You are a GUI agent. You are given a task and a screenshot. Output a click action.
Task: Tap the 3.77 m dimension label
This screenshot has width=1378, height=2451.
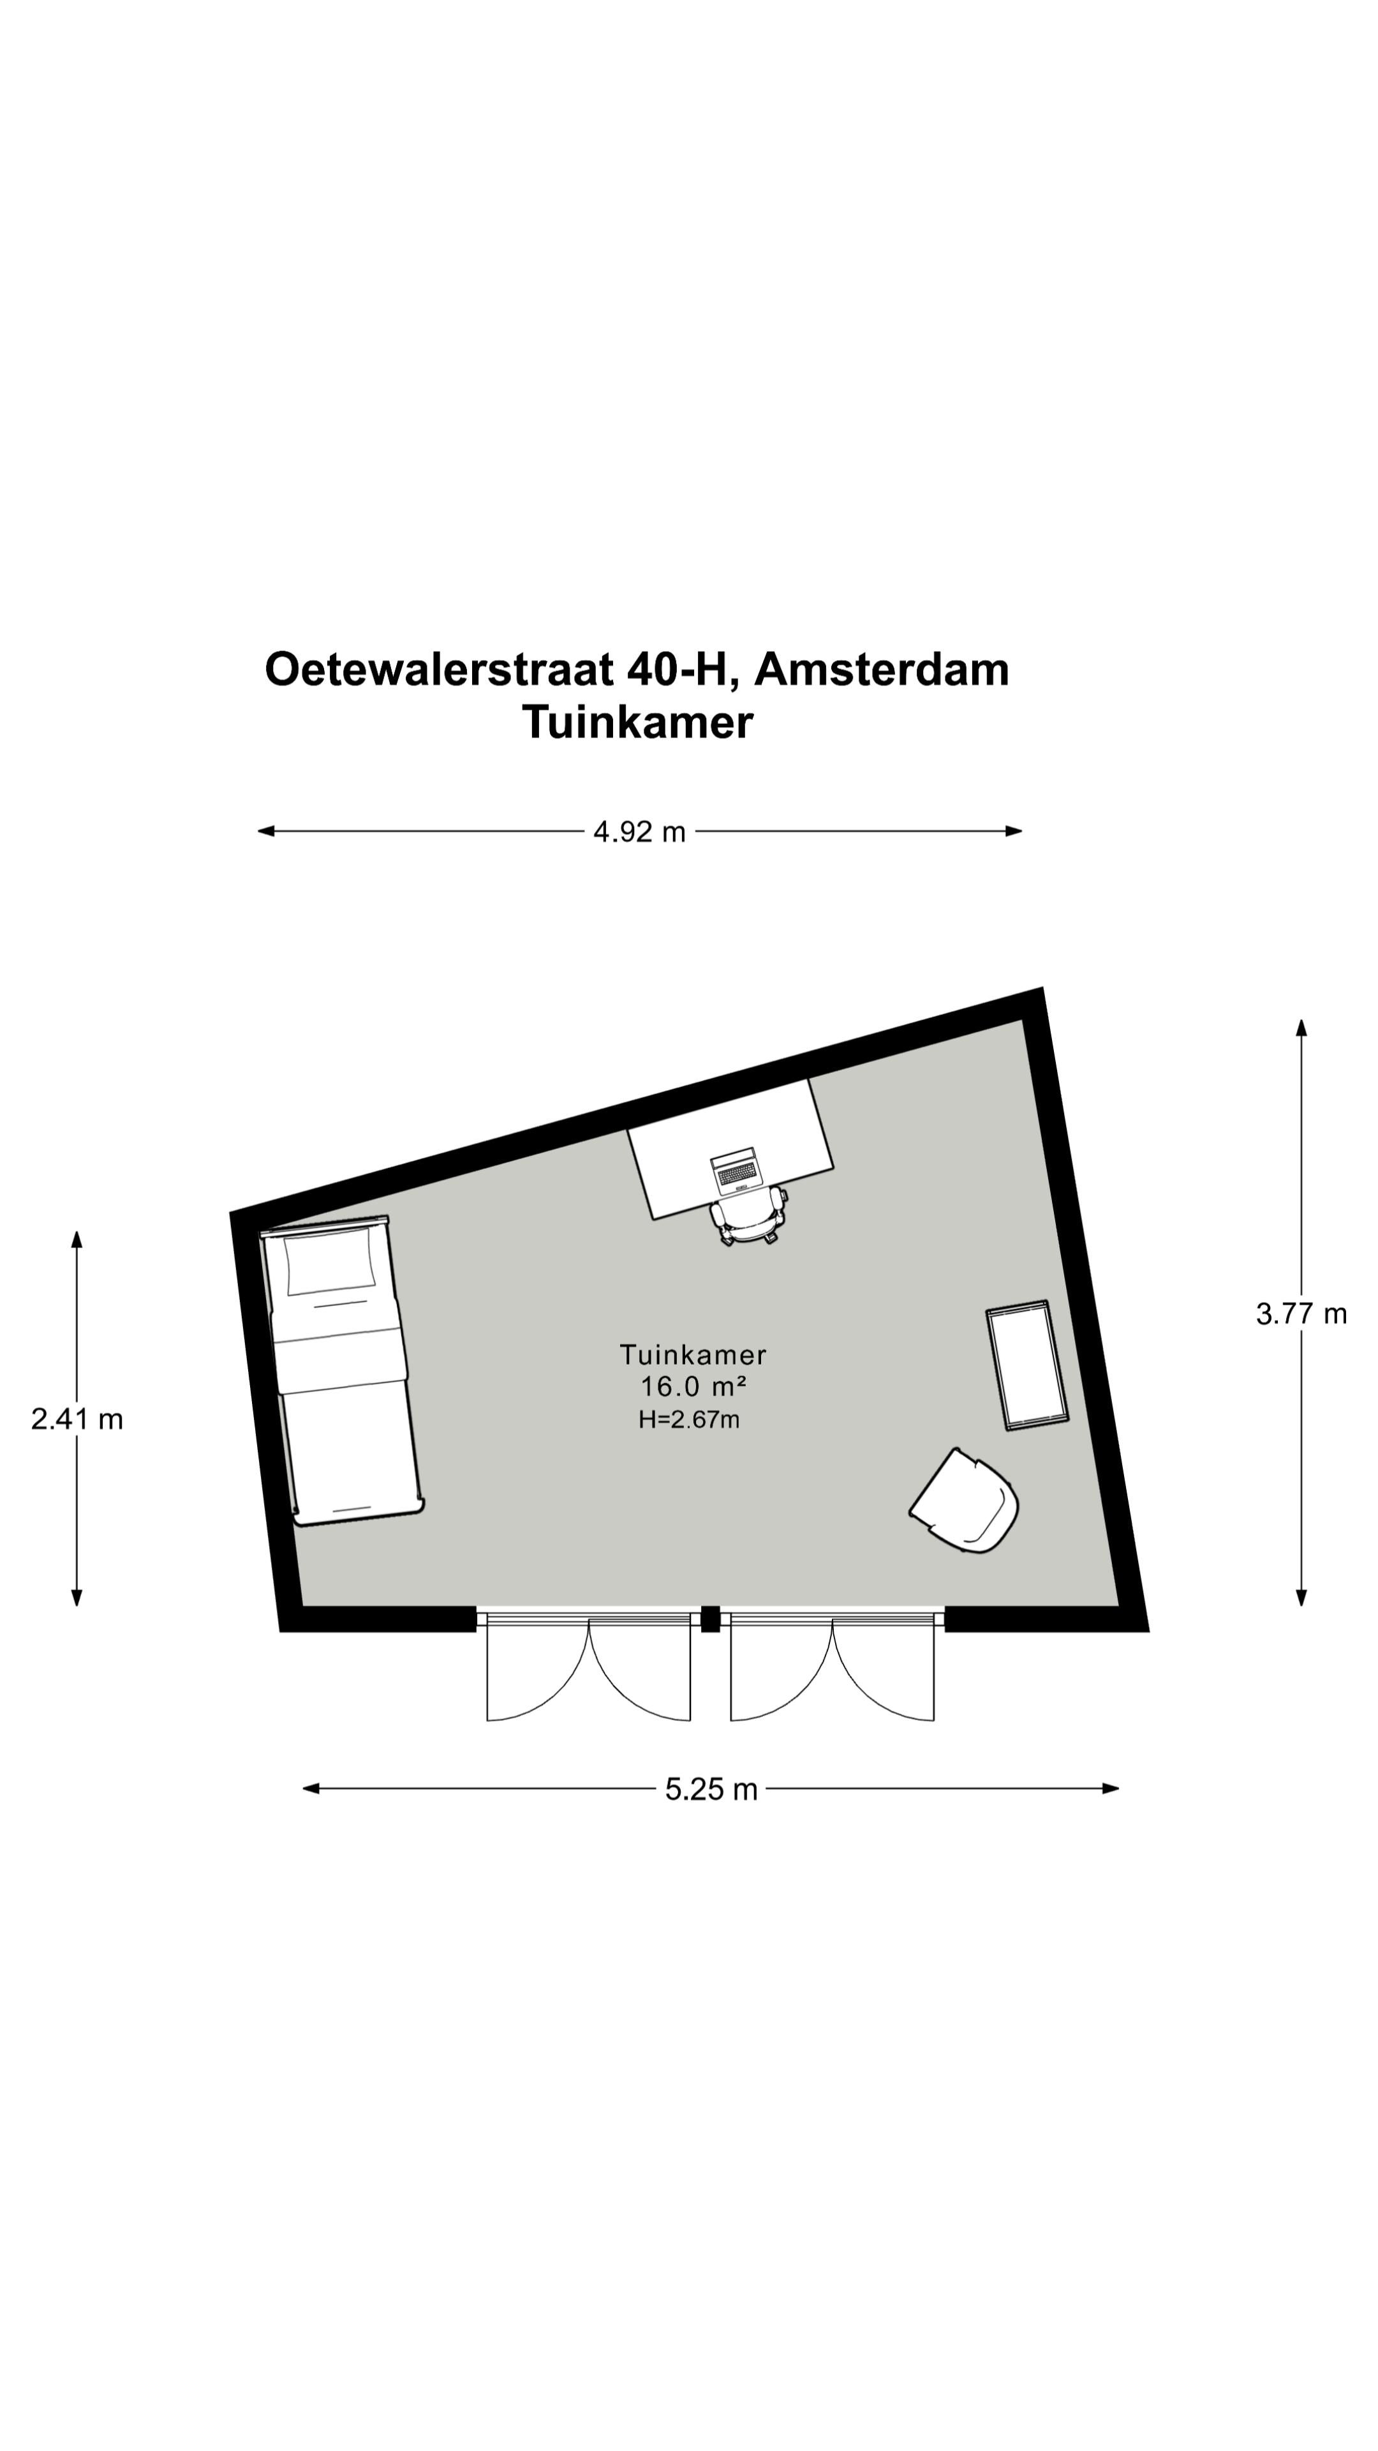1300,1314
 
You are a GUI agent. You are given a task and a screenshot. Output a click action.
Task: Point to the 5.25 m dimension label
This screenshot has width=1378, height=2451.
711,1790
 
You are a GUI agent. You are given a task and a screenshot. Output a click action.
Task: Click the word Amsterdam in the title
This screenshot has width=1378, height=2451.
882,670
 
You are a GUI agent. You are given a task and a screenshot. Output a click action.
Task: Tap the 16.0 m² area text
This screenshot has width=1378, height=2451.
692,1386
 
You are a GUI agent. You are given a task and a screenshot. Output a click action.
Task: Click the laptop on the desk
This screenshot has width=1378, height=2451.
736,1171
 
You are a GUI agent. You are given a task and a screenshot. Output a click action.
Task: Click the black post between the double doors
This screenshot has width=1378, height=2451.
709,1619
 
